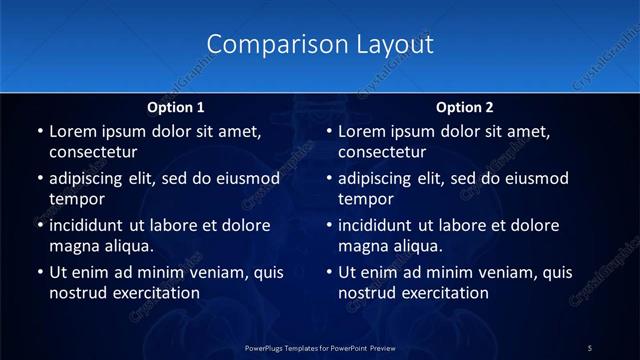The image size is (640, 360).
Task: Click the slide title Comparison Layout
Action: (x=320, y=45)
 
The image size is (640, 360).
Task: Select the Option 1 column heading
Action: (x=176, y=106)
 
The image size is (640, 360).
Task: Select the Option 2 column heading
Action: (x=465, y=106)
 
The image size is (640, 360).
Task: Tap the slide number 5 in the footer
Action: (x=590, y=347)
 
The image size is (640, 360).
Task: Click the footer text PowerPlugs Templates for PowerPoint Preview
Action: (x=320, y=347)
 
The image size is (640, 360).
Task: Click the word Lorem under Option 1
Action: (x=72, y=131)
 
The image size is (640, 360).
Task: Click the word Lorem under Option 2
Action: (x=362, y=131)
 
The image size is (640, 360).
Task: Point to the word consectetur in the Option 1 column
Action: (x=93, y=152)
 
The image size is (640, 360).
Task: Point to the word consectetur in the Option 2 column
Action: (x=383, y=152)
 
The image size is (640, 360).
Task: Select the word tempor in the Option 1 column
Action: (x=77, y=199)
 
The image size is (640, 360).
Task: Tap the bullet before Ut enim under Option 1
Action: (x=40, y=272)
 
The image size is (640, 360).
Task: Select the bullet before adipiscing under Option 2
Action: (x=330, y=179)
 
